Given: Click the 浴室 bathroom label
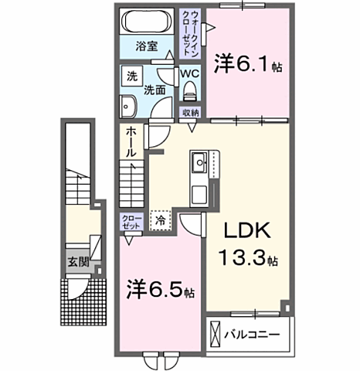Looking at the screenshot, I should [x=147, y=46].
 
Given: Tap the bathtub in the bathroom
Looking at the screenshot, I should [x=148, y=20].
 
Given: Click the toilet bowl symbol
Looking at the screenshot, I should [x=191, y=90].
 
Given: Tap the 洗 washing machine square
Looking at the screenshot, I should [x=132, y=77].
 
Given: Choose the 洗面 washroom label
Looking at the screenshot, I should [x=155, y=89].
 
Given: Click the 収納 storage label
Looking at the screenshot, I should [x=191, y=113].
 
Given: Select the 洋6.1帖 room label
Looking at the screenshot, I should [x=247, y=63].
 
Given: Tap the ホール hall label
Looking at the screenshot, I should [x=132, y=142].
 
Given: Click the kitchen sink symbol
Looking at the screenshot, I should [x=198, y=164].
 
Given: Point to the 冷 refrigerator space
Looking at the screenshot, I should [x=161, y=220].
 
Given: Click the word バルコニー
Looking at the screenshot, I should [x=252, y=336].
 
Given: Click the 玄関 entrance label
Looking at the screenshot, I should [x=76, y=262].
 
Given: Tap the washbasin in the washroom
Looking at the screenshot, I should [x=129, y=107].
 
